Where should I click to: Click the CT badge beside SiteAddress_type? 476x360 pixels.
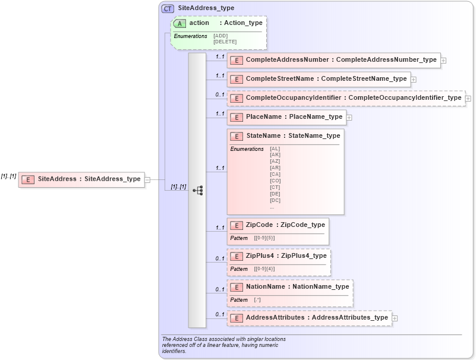[x=168, y=8]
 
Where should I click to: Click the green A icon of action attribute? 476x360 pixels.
[x=179, y=23]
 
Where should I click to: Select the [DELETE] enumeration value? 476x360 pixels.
[x=225, y=42]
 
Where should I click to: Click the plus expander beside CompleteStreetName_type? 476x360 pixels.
[x=414, y=79]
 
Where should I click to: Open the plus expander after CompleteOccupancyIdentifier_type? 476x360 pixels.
[x=468, y=98]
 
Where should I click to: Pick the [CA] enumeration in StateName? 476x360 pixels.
[x=275, y=174]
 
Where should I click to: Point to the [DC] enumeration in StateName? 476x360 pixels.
[x=275, y=200]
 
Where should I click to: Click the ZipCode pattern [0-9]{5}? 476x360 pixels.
[x=264, y=238]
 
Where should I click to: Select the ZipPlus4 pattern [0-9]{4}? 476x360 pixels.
[x=264, y=269]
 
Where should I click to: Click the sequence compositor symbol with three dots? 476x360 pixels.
[x=198, y=190]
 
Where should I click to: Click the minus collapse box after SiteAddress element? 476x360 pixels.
[x=147, y=179]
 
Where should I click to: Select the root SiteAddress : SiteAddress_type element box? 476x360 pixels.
[x=81, y=179]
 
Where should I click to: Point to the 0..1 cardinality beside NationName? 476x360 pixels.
[x=220, y=289]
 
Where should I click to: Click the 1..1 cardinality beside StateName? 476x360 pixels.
[x=220, y=168]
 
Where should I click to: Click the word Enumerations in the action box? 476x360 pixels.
[x=190, y=36]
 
